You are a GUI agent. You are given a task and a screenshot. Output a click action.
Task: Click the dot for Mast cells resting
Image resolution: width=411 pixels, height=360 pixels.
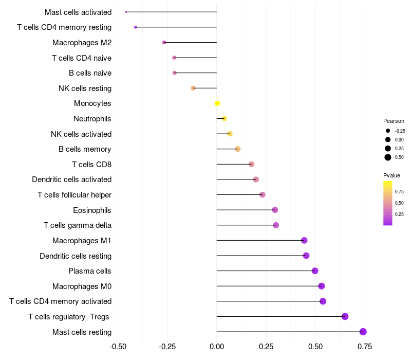(x=363, y=332)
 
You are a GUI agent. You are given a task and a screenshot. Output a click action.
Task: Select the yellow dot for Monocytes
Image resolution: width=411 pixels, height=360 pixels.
(x=217, y=103)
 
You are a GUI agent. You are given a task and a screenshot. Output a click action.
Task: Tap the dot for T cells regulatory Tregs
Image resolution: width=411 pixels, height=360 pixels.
(x=345, y=316)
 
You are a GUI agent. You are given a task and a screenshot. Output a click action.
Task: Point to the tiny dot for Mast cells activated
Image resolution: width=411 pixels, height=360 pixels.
(x=126, y=12)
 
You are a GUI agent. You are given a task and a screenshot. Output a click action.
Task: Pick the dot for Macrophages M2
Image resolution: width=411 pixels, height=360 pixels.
(x=164, y=42)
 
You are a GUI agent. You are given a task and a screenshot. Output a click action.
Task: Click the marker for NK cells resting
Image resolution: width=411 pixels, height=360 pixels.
(x=193, y=88)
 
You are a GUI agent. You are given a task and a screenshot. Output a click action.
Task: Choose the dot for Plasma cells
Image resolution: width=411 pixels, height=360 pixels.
(x=315, y=271)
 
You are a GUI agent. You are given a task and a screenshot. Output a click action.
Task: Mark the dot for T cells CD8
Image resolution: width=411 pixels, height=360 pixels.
(x=251, y=164)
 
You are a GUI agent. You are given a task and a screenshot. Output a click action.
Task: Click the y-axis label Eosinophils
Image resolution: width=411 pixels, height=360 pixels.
(x=92, y=210)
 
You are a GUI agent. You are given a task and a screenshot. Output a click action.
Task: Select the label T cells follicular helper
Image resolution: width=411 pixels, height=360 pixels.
(x=74, y=195)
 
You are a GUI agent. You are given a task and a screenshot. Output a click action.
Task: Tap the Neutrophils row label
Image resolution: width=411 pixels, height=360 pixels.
(x=92, y=119)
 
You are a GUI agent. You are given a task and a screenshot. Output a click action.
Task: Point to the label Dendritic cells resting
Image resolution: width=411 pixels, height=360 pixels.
(x=76, y=256)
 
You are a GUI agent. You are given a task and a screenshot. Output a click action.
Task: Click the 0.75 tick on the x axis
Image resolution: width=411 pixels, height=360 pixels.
(x=365, y=347)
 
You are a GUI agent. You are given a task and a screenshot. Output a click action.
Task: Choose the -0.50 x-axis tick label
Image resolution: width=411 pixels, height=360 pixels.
(x=118, y=347)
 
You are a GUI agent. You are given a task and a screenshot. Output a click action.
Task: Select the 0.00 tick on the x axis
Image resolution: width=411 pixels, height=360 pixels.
(x=217, y=347)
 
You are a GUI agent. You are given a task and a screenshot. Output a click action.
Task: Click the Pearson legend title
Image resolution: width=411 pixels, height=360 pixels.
(x=394, y=121)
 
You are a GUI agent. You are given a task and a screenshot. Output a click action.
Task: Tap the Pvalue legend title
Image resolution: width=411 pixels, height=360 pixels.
(x=391, y=175)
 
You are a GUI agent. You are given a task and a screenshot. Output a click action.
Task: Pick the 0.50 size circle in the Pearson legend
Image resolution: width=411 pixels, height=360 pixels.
(x=388, y=157)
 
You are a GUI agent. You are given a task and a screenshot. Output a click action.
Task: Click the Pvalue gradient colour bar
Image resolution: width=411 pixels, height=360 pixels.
(x=388, y=203)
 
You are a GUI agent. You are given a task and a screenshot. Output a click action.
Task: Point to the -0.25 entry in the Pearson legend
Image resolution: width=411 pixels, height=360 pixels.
(x=388, y=131)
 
